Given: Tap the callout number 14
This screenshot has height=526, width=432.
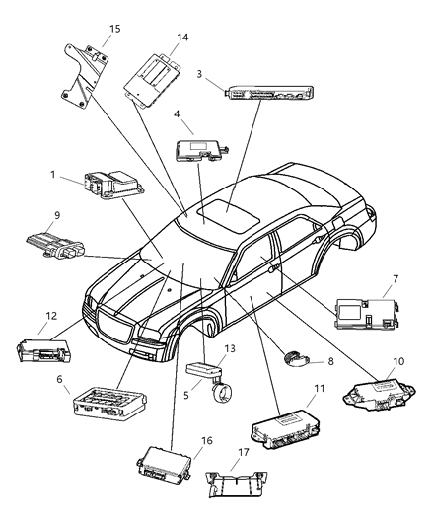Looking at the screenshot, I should pos(181,38).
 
